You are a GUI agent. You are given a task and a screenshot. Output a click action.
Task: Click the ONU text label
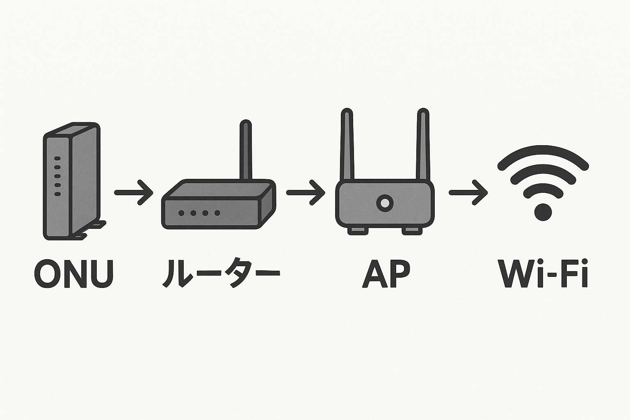click(74, 273)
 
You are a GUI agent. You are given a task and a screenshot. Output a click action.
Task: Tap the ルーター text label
click(221, 273)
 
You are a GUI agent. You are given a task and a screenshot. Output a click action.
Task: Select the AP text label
click(386, 273)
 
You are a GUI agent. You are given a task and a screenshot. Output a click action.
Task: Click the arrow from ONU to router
click(134, 192)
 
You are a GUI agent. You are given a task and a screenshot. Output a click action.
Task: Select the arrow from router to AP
click(306, 192)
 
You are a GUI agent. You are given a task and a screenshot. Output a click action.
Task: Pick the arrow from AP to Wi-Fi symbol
click(468, 192)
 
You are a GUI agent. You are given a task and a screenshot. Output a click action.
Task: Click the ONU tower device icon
click(72, 180)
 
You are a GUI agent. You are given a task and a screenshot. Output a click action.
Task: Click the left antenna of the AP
click(347, 144)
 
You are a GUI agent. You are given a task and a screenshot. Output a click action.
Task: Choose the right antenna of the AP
click(423, 144)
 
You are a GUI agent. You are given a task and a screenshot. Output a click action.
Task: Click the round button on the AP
click(385, 203)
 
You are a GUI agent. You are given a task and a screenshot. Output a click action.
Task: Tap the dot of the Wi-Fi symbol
click(543, 212)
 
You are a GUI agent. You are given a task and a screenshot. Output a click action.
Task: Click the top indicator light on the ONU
click(57, 158)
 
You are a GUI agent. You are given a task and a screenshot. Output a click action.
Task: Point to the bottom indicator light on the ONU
click(57, 194)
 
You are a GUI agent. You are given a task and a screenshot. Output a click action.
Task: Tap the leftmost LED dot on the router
click(181, 213)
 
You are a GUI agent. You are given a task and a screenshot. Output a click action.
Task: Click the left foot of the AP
click(358, 231)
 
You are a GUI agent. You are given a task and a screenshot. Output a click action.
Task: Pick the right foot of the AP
click(412, 231)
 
